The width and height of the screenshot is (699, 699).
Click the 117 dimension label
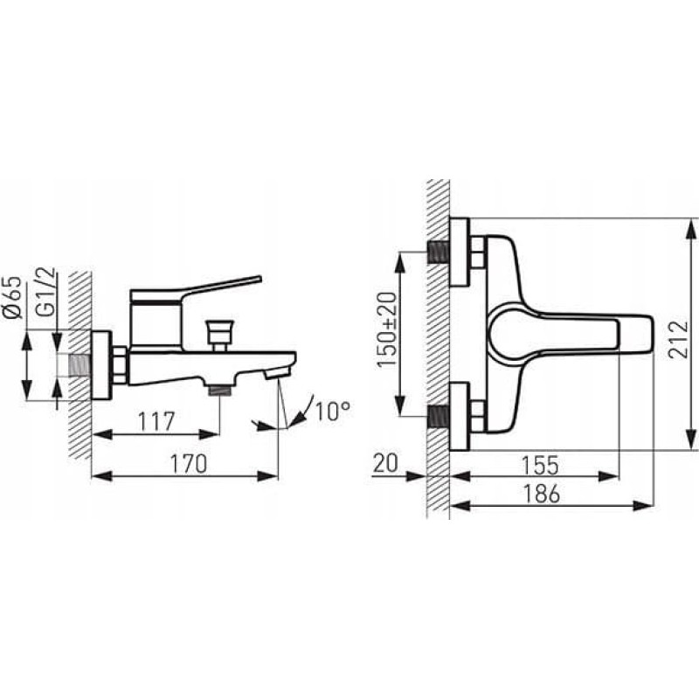[156, 422]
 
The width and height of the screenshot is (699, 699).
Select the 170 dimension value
[189, 464]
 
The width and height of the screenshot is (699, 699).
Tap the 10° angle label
[333, 412]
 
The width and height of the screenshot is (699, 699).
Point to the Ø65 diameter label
[13, 297]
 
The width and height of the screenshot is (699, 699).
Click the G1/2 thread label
[46, 292]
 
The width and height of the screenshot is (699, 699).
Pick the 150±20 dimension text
[386, 330]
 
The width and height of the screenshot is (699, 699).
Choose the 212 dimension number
[679, 334]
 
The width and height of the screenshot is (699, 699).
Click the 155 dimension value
[540, 466]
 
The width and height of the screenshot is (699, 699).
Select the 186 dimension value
[542, 494]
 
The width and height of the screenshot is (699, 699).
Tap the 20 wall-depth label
[385, 463]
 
